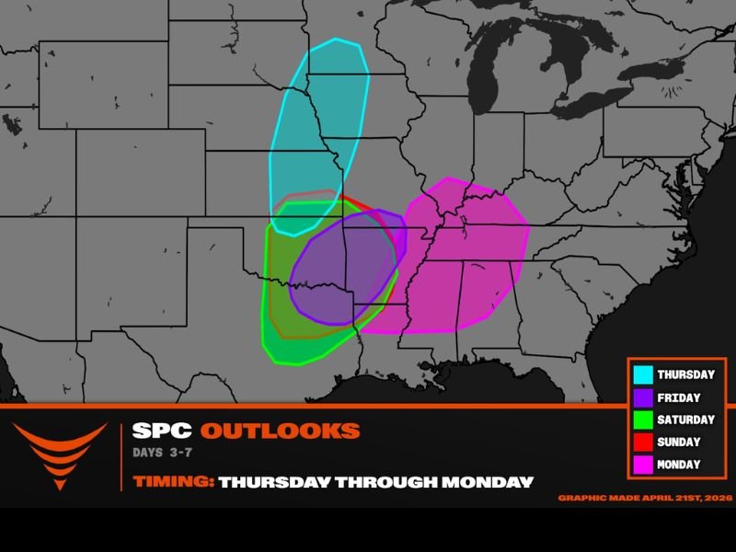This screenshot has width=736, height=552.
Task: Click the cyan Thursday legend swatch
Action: click(643, 375)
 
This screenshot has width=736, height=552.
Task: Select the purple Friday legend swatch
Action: click(643, 397)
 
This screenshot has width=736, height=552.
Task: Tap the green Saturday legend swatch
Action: click(643, 420)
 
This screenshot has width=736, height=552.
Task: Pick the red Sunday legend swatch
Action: click(643, 443)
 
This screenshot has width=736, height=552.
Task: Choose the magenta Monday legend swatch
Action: click(643, 465)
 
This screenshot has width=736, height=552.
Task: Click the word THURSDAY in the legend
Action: click(685, 375)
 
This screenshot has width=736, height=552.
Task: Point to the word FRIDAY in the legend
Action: click(679, 397)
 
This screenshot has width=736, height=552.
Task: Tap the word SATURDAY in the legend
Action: click(685, 420)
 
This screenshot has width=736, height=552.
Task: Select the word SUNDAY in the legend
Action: click(679, 443)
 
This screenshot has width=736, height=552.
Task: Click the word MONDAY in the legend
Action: click(679, 465)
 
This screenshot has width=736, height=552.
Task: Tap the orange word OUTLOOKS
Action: click(280, 431)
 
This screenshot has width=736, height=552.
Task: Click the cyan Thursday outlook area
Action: click(317, 120)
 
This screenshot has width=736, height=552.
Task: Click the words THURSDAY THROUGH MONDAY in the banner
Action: click(375, 481)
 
